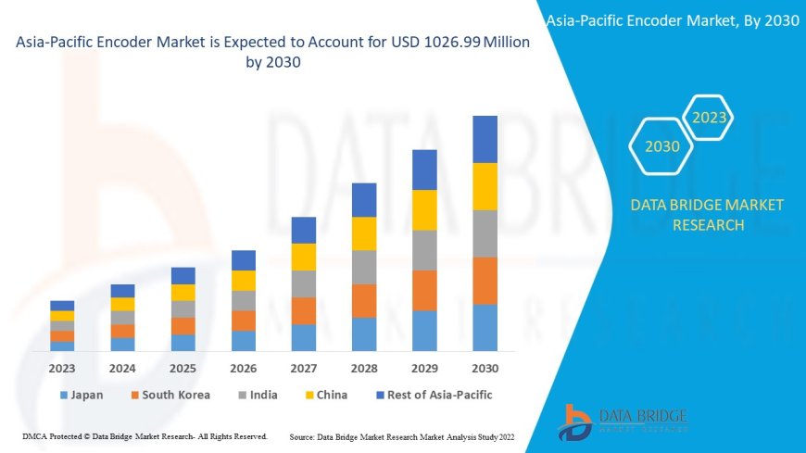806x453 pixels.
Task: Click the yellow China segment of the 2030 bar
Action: point(485,186)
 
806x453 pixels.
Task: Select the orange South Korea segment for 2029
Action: point(424,290)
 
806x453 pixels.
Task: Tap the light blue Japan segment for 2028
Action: point(364,334)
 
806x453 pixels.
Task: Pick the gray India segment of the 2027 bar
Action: point(304,283)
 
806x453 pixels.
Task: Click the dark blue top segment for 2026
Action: point(244,260)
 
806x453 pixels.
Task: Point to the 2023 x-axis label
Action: point(62,368)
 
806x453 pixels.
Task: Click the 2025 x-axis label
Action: point(183,368)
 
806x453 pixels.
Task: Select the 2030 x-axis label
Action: point(485,368)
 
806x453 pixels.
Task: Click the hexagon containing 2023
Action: point(710,118)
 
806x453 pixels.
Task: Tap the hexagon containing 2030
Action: point(662,146)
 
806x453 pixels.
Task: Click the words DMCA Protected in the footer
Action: point(55,435)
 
